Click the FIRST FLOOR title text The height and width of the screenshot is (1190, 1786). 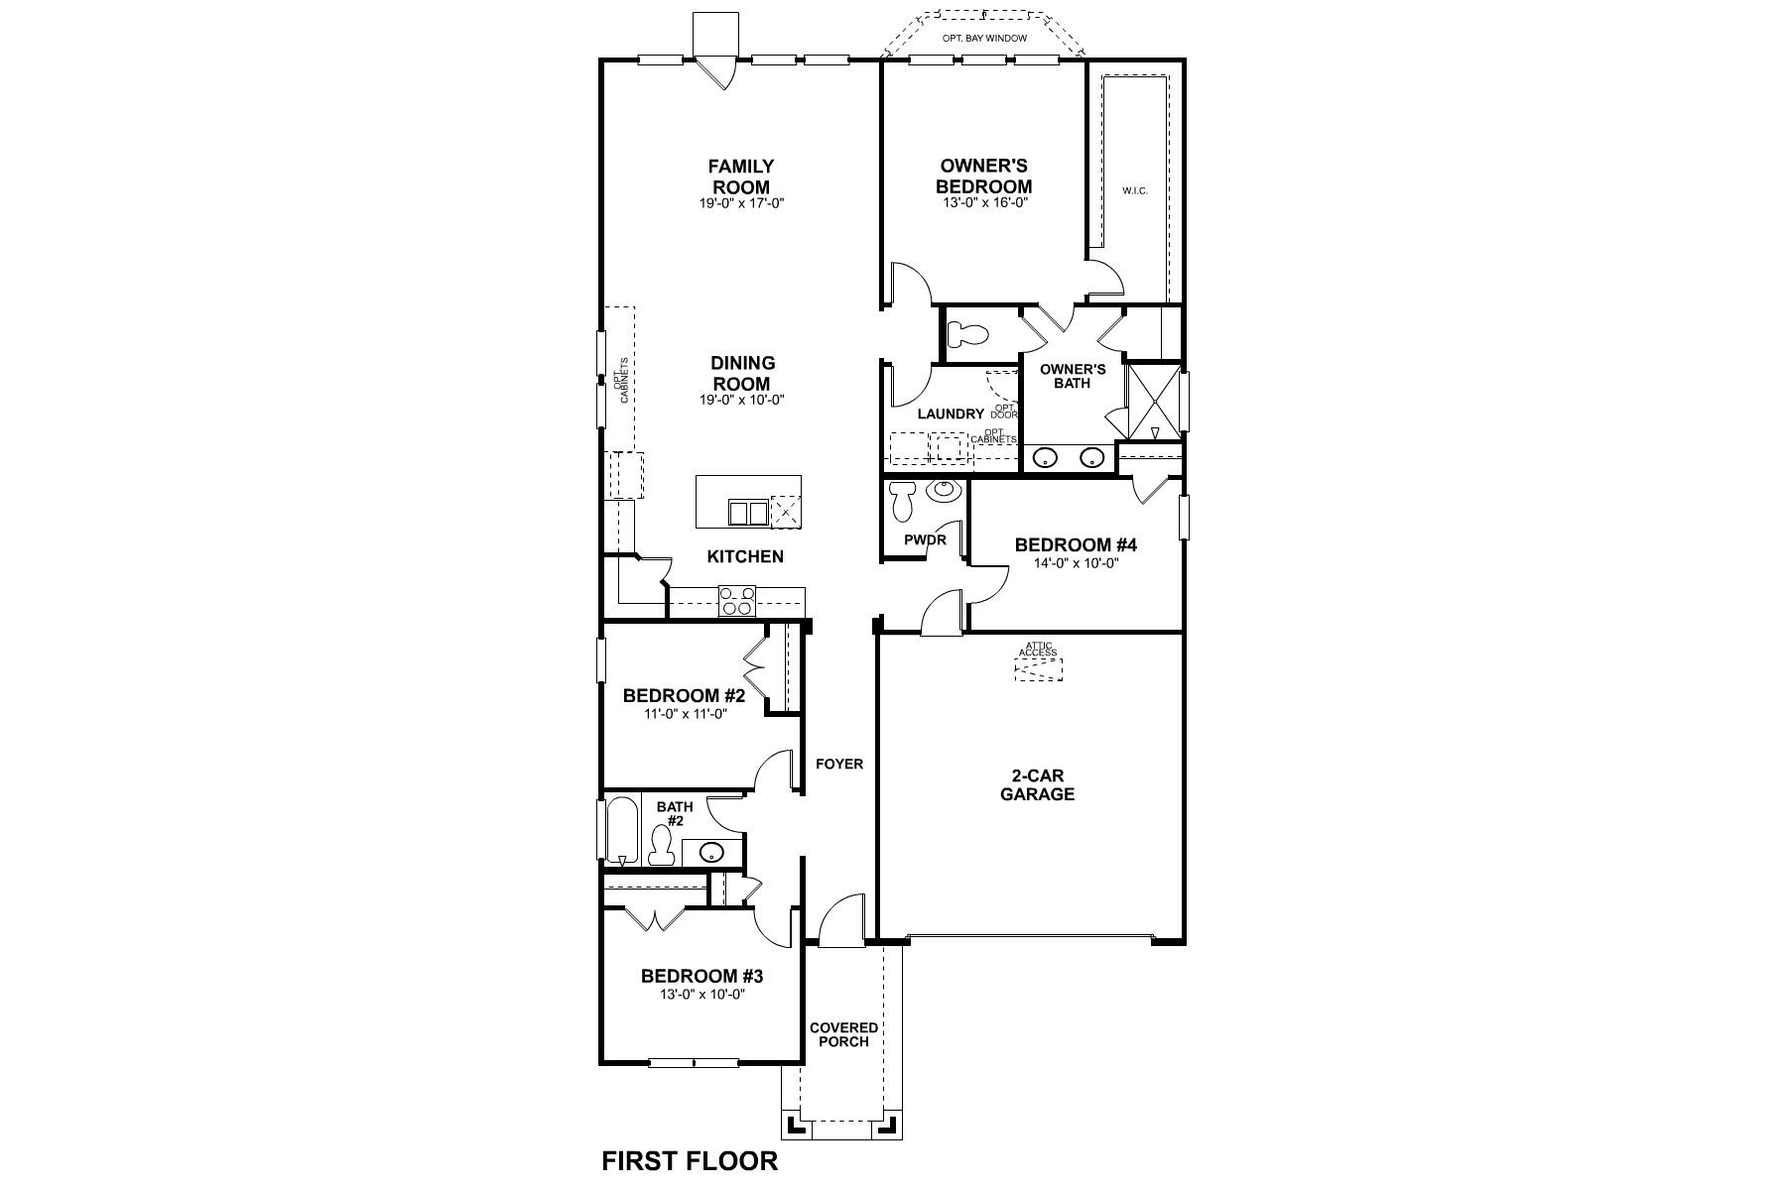(x=690, y=1161)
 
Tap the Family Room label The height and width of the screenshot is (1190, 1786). (x=741, y=177)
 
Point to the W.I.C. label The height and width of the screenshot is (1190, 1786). (x=1135, y=190)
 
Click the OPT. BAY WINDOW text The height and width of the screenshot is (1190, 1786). (x=983, y=39)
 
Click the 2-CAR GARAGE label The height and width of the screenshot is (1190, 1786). (x=1037, y=784)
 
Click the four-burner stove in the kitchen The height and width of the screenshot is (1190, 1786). (x=737, y=602)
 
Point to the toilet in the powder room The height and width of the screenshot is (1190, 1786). (x=902, y=502)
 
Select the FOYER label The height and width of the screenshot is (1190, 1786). (x=839, y=764)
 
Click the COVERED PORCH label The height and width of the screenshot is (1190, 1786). (x=843, y=1034)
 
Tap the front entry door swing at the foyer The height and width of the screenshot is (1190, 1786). (x=839, y=919)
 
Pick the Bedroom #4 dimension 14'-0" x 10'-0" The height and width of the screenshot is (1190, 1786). (x=1075, y=562)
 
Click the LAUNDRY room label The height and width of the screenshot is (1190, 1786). (x=950, y=414)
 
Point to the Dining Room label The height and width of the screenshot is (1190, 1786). (x=742, y=374)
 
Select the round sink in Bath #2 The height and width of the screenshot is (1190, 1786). (x=710, y=851)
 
